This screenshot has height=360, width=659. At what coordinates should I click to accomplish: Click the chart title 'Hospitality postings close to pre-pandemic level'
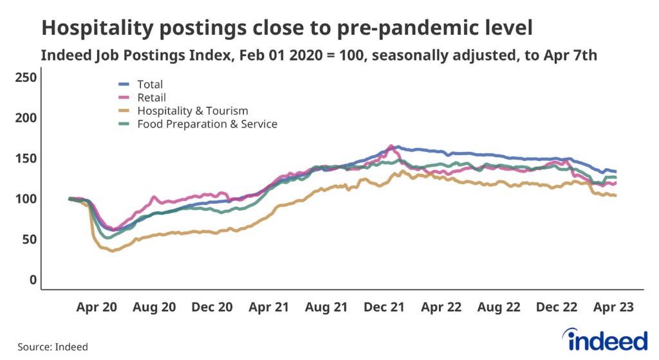(x=287, y=28)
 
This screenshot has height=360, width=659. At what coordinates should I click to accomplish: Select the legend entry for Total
(x=150, y=84)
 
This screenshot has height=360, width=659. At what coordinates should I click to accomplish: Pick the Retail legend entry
(x=151, y=97)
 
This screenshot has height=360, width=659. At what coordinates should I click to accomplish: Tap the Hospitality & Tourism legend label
(x=192, y=111)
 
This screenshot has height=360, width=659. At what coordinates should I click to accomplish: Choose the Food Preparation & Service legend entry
(x=207, y=124)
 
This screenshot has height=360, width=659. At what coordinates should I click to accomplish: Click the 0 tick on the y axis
(x=32, y=280)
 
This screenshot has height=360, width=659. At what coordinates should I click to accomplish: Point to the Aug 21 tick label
(x=326, y=308)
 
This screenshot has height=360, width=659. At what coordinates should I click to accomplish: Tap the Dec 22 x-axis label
(x=558, y=308)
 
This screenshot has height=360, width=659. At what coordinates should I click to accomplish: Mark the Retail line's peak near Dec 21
(x=391, y=146)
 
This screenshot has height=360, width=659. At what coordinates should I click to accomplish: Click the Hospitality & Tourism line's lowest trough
(x=113, y=251)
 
